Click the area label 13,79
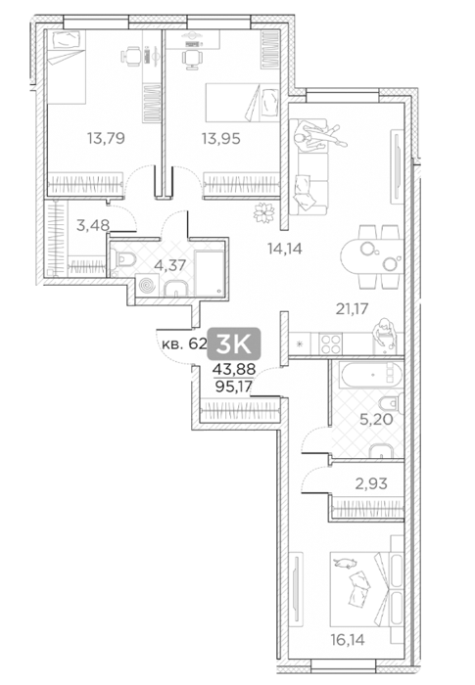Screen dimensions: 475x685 point(106,139)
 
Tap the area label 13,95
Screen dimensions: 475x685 point(221,139)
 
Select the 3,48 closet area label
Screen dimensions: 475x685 point(93,225)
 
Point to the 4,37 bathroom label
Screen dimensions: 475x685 point(170,265)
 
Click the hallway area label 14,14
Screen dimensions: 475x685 point(285,249)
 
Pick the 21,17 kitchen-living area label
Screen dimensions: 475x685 point(353,309)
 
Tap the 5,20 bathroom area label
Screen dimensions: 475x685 point(376,420)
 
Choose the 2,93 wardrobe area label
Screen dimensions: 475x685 point(371,483)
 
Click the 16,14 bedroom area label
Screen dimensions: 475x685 point(348,640)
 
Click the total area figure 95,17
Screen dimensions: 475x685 point(234,387)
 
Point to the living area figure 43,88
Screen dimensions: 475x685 point(234,370)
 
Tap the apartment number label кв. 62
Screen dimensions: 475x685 point(184,343)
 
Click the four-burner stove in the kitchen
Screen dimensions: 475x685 point(330,343)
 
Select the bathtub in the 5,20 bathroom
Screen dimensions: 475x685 point(372,375)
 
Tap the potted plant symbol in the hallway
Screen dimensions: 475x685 point(263,213)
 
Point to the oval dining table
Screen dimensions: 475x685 point(372,256)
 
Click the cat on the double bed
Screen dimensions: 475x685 point(346,563)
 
